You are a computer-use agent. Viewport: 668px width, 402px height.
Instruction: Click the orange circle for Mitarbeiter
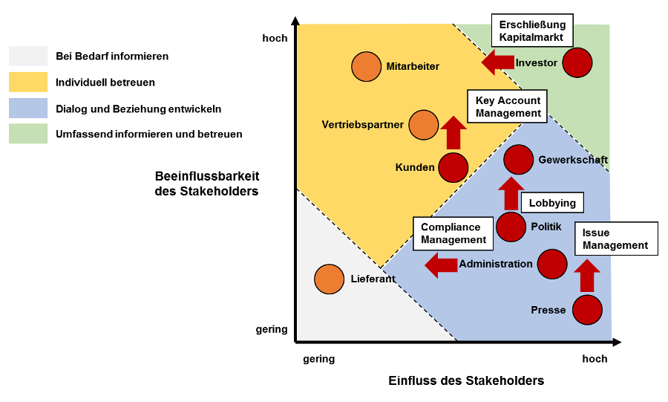(367, 66)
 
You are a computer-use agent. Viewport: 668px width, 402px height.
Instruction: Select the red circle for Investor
(577, 62)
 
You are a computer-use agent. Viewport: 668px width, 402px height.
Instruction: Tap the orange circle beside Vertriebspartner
(424, 125)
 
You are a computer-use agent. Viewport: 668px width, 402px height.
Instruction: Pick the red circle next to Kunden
(453, 167)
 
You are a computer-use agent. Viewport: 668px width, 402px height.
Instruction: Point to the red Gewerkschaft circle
(519, 160)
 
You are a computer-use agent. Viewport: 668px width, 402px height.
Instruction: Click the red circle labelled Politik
(511, 227)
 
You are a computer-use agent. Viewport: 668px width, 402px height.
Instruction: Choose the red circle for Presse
(588, 310)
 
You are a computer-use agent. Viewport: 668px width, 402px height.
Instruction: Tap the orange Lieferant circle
(330, 279)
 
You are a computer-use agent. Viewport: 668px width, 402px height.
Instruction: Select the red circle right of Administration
(552, 265)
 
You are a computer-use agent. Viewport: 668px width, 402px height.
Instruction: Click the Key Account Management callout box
(508, 106)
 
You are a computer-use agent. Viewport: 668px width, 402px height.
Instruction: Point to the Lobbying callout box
(552, 203)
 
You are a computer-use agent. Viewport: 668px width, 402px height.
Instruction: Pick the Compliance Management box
(453, 233)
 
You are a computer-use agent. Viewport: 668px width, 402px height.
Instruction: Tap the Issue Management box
(616, 239)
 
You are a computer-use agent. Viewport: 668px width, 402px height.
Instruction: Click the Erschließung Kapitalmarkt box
(532, 30)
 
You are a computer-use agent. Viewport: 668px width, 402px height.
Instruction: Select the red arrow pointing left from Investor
(498, 62)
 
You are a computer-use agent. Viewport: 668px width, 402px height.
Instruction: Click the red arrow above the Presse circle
(587, 276)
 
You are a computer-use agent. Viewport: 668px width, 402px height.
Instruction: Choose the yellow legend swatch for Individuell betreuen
(28, 82)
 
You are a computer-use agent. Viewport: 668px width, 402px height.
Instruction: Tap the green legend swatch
(28, 134)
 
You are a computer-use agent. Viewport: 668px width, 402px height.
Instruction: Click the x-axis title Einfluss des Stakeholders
(466, 380)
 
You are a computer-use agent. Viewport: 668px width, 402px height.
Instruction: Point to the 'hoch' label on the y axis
(275, 39)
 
